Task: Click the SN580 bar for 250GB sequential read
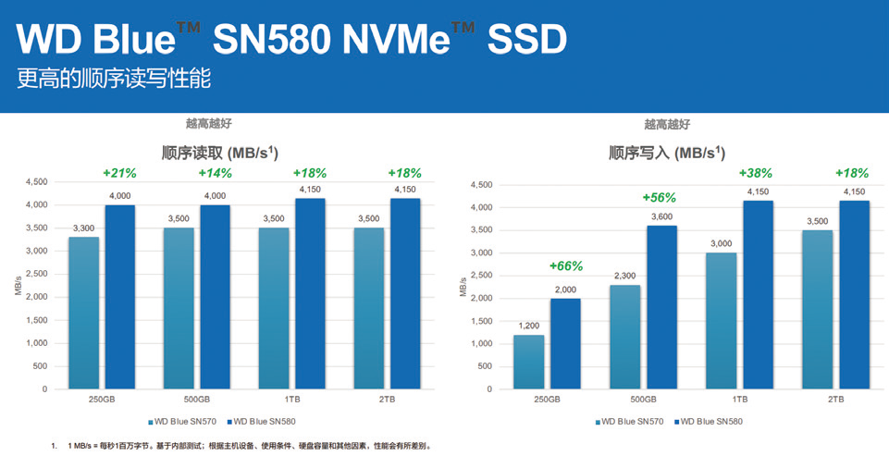point(119,296)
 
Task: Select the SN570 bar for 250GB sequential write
point(528,362)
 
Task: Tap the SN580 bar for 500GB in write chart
point(662,307)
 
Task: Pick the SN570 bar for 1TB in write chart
point(721,320)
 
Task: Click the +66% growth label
point(565,266)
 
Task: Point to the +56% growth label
point(659,197)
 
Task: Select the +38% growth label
point(755,173)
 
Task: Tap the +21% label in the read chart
point(119,173)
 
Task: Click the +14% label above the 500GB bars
point(215,173)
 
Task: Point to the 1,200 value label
point(528,326)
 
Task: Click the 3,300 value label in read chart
point(83,228)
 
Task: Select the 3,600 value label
point(662,216)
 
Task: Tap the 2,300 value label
point(624,276)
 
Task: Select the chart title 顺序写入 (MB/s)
point(666,153)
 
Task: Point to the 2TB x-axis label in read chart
point(387,399)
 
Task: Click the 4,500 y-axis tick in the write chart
point(477,185)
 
